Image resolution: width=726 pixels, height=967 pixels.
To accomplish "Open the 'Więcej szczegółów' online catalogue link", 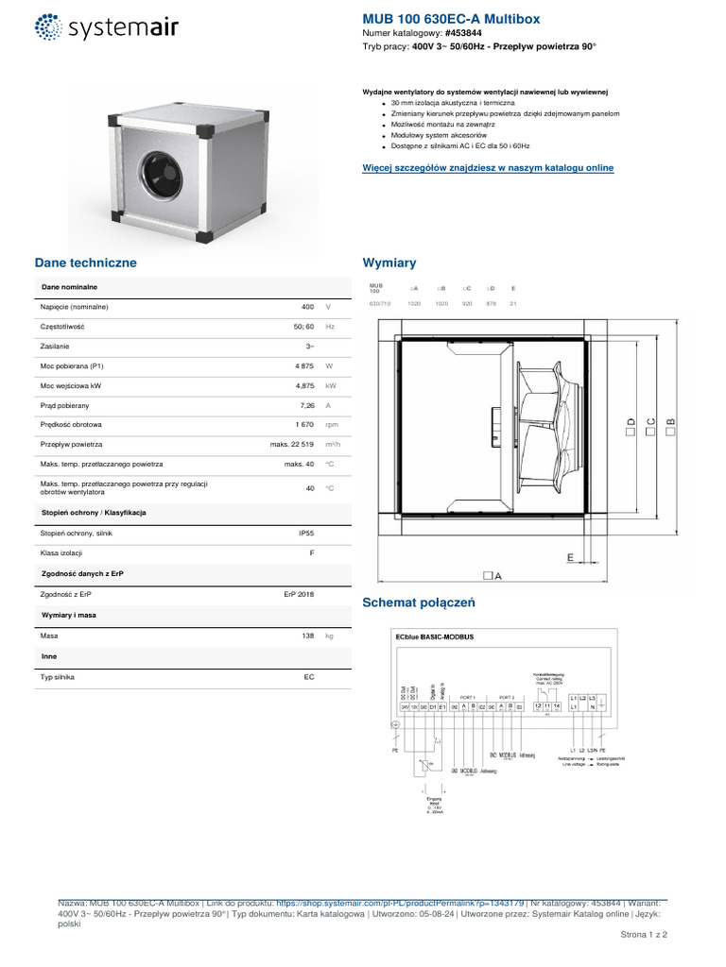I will (x=488, y=168).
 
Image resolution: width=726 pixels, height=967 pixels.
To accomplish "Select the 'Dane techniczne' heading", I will (x=86, y=263).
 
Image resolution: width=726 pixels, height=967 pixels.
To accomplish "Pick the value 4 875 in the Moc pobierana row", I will (x=303, y=365).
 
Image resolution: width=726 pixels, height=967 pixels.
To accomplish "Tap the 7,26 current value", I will (x=305, y=405).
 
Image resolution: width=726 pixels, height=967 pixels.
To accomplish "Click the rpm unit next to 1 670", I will (x=331, y=425).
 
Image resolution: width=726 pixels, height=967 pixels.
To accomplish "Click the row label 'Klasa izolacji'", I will (x=61, y=553).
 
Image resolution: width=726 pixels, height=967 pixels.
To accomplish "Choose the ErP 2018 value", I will (x=299, y=595).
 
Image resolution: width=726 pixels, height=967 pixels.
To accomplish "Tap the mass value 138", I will (x=307, y=636).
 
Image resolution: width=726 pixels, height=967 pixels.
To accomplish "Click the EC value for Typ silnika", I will (x=309, y=678).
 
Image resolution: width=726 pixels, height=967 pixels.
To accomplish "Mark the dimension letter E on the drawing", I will (x=570, y=557).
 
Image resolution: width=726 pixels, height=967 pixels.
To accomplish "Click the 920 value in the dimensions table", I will (x=467, y=304).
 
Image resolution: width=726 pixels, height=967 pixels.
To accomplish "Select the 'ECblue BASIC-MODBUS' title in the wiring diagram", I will (x=434, y=637).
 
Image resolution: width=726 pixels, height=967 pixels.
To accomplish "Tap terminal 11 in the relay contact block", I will (x=547, y=706).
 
